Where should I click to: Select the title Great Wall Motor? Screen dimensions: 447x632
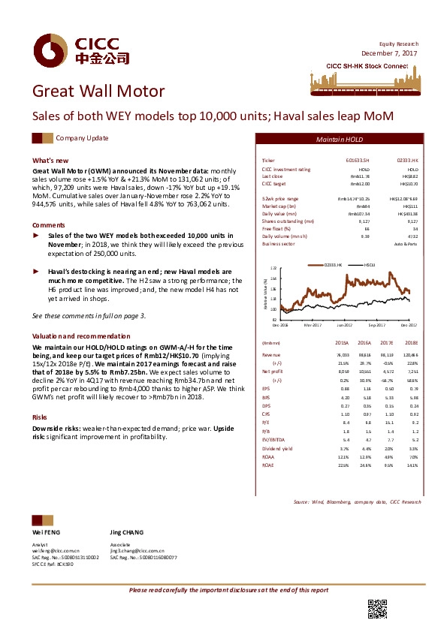tap(98, 92)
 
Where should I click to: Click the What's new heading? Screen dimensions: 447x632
tap(50, 161)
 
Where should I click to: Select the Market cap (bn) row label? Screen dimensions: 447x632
tap(279, 205)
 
